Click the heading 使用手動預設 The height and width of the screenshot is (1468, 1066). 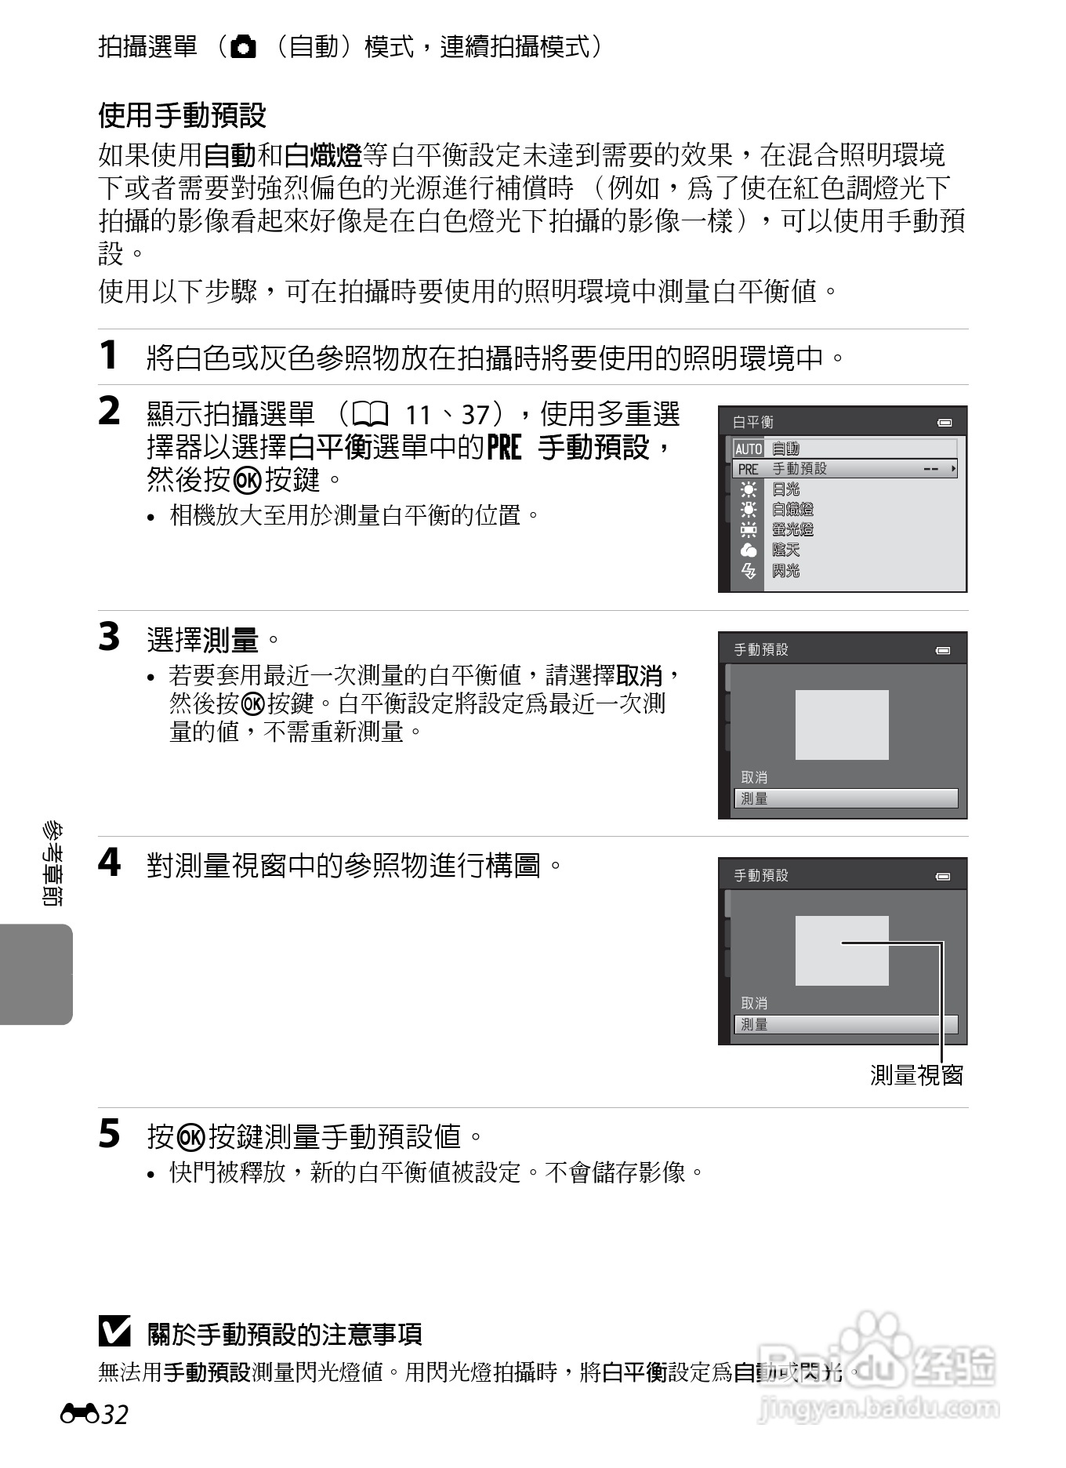coord(182,116)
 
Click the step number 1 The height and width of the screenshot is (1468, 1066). coord(109,355)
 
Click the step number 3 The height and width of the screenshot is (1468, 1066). coord(109,637)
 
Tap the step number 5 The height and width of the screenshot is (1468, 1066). coord(109,1134)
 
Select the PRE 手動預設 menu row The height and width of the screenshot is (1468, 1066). coord(844,469)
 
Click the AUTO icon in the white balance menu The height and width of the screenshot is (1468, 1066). coord(748,449)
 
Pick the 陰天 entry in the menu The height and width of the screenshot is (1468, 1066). coord(785,550)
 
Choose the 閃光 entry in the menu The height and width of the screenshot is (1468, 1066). coord(785,571)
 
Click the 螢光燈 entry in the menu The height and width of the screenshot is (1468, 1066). coord(792,530)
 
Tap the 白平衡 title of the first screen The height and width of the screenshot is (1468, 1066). coord(752,422)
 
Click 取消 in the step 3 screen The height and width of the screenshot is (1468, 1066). coord(754,777)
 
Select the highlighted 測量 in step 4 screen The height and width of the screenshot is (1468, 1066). coord(844,1024)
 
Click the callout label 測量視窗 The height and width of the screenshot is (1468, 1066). coord(916,1075)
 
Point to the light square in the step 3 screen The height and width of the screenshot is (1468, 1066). coord(842,725)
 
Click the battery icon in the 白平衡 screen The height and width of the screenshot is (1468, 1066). coord(945,423)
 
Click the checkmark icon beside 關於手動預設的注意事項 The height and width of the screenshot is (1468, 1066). coord(114,1332)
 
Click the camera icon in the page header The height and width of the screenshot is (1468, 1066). coord(244,48)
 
